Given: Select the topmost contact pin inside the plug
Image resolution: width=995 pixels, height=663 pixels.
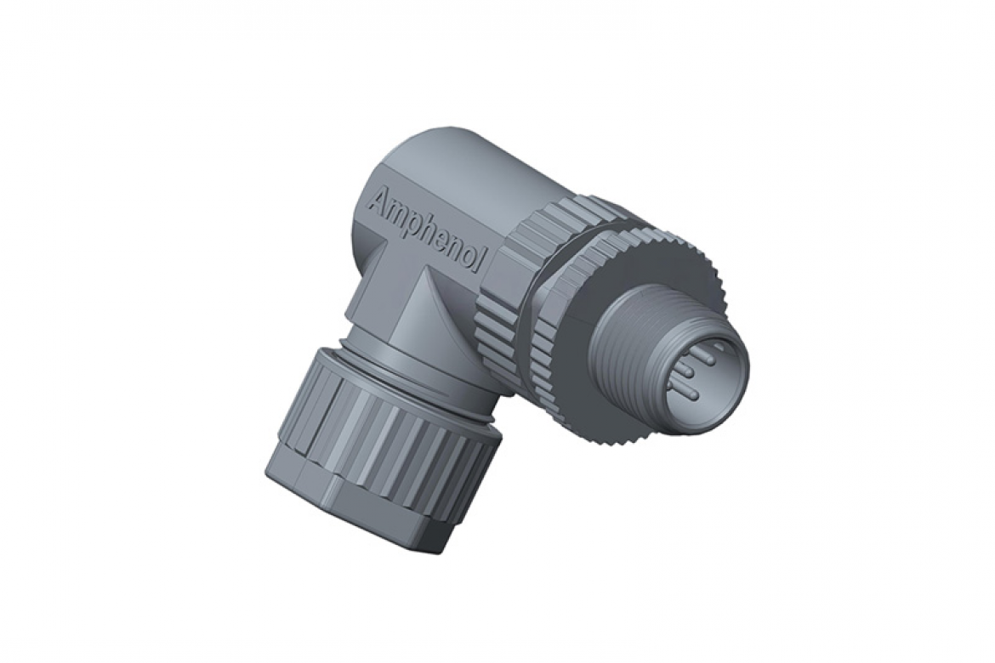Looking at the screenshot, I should pyautogui.click(x=702, y=348).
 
